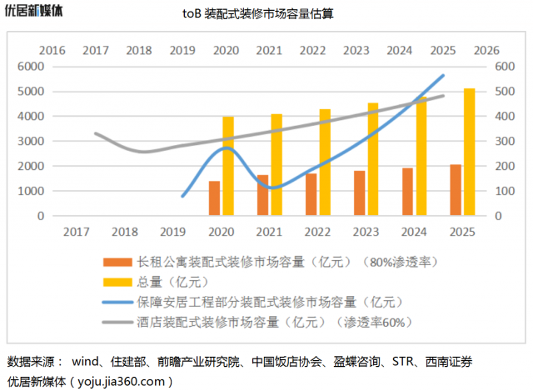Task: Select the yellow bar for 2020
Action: click(x=228, y=166)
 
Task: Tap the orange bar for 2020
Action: click(x=214, y=198)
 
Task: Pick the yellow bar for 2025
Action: click(x=470, y=152)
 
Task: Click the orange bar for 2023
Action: click(x=359, y=193)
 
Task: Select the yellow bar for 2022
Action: click(x=325, y=162)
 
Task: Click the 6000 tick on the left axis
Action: click(x=31, y=66)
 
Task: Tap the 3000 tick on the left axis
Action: click(x=31, y=141)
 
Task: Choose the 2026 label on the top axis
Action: click(x=486, y=50)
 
